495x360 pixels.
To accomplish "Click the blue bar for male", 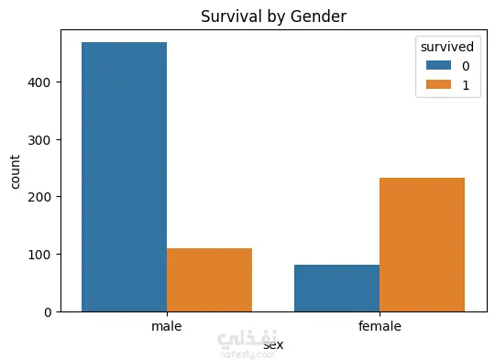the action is tap(124, 177).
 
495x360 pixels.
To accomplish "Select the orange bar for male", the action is tap(209, 280).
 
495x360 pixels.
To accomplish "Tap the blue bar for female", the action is tap(336, 289).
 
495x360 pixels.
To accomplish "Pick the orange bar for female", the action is tap(422, 245).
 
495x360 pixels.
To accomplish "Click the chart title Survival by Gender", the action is tap(274, 16).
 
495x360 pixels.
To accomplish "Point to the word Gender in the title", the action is tap(318, 16).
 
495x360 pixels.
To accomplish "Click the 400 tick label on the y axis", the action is tap(39, 82).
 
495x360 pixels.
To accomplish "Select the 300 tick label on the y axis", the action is tap(39, 140).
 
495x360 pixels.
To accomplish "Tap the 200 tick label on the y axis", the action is tap(39, 197).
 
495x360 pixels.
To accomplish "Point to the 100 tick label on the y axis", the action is tap(39, 255).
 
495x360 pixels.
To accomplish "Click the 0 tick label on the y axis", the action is tap(48, 312).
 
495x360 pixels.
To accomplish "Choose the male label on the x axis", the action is tap(167, 326).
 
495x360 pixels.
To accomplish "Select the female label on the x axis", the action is tap(379, 326).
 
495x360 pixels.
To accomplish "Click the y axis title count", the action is tap(15, 171).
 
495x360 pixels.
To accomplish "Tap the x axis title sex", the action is tap(273, 344).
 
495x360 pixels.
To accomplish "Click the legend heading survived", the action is tap(447, 47).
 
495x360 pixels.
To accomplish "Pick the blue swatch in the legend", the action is tap(438, 65).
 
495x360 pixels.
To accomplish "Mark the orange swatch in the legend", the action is tap(438, 84).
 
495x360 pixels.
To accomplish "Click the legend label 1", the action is tap(466, 85).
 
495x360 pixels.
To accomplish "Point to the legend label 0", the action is tap(466, 66).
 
